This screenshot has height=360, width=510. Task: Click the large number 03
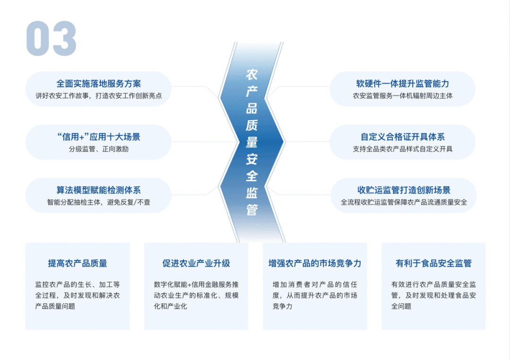coord(51,39)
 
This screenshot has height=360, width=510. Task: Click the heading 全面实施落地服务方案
coord(98,84)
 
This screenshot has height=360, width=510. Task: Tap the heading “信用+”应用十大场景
coord(98,137)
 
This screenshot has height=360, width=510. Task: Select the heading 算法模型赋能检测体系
coord(98,191)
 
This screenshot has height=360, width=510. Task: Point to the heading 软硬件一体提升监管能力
coord(402,84)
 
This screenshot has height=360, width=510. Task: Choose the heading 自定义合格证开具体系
coord(402,137)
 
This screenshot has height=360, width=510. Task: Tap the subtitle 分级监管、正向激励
coord(98,149)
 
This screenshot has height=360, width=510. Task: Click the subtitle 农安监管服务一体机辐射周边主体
coord(402,96)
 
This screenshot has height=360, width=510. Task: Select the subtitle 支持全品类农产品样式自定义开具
coord(402,149)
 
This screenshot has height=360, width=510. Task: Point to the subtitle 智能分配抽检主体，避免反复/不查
coord(98,202)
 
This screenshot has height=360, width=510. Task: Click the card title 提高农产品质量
coord(77,263)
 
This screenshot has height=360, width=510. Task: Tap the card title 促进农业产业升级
coord(196,263)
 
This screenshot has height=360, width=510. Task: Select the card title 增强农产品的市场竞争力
coord(314,263)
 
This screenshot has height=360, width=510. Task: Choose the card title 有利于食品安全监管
coord(433,263)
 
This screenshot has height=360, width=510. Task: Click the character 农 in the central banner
coord(252,74)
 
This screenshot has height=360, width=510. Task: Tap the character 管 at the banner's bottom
coord(252,210)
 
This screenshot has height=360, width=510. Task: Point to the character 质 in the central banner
coord(252,125)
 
